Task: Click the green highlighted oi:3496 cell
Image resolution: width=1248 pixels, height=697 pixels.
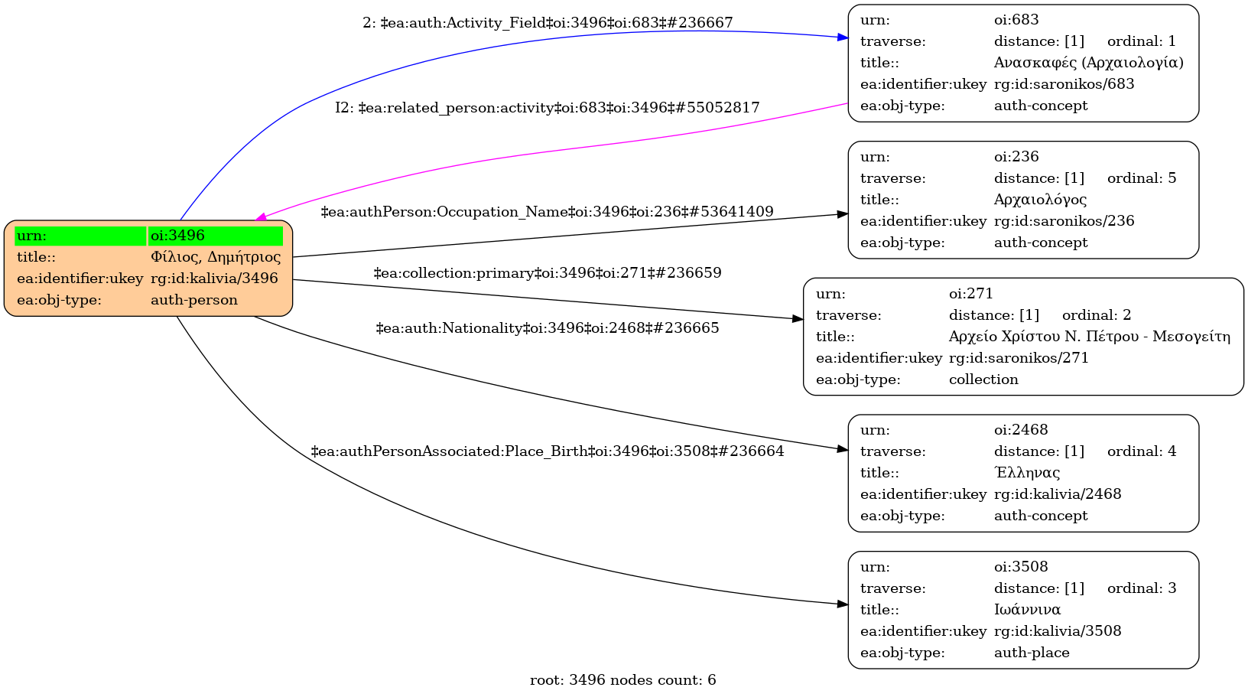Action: click(215, 236)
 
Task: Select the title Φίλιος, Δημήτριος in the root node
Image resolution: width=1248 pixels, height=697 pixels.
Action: click(215, 257)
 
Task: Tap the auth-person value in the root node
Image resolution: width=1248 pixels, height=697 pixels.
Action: click(193, 300)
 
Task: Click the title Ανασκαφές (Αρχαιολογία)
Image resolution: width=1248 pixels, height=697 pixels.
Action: click(1088, 63)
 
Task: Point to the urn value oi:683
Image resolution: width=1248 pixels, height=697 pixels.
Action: click(1016, 20)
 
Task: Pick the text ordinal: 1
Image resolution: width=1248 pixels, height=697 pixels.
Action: click(1141, 41)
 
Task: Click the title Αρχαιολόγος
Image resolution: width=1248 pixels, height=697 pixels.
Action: click(1040, 200)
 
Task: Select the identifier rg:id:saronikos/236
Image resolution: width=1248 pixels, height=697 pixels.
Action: click(1064, 221)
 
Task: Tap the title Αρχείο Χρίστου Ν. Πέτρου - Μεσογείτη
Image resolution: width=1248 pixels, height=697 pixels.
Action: click(1089, 337)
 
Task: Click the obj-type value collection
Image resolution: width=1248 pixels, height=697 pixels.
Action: click(983, 379)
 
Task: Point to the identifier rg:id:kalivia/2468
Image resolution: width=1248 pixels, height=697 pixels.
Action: click(1058, 494)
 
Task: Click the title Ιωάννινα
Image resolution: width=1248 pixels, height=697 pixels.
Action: click(1027, 610)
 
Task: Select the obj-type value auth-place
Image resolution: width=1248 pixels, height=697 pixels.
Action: click(1032, 653)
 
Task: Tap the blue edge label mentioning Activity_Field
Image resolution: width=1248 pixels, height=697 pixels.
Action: click(548, 23)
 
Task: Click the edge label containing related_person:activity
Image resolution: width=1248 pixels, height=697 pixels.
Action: click(548, 108)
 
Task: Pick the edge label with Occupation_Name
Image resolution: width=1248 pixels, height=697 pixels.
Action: click(548, 212)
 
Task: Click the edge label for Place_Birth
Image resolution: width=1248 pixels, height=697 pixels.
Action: click(548, 451)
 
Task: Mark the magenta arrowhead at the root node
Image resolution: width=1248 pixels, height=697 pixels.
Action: click(261, 218)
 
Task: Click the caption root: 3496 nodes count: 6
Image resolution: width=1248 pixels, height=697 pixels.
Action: click(622, 680)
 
